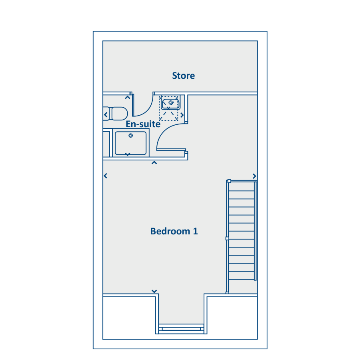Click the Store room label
(x=184, y=76)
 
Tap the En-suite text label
(x=143, y=124)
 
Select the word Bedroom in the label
(x=170, y=231)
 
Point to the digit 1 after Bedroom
(x=195, y=231)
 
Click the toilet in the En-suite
(x=116, y=114)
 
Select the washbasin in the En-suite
(x=170, y=104)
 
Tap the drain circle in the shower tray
(x=131, y=136)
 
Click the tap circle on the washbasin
(x=170, y=102)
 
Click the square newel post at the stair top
(x=229, y=181)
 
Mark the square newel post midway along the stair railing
(x=227, y=238)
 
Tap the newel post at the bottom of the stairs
(x=227, y=292)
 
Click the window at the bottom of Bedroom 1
(x=181, y=329)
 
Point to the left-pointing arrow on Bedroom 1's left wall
(x=105, y=176)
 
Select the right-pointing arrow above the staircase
(x=254, y=176)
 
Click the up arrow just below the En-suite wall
(x=154, y=163)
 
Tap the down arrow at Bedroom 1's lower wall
(x=154, y=291)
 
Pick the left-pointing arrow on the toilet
(x=106, y=114)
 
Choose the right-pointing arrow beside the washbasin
(x=182, y=115)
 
